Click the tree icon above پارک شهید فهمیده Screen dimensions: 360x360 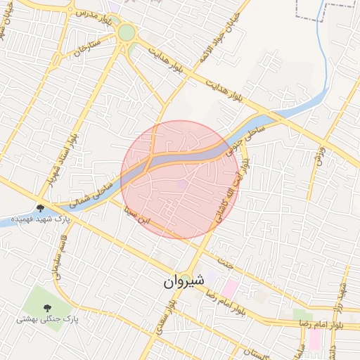point(41,208)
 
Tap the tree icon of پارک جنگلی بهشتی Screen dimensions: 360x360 point(48,307)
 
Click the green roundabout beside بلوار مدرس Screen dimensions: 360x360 point(127,32)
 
